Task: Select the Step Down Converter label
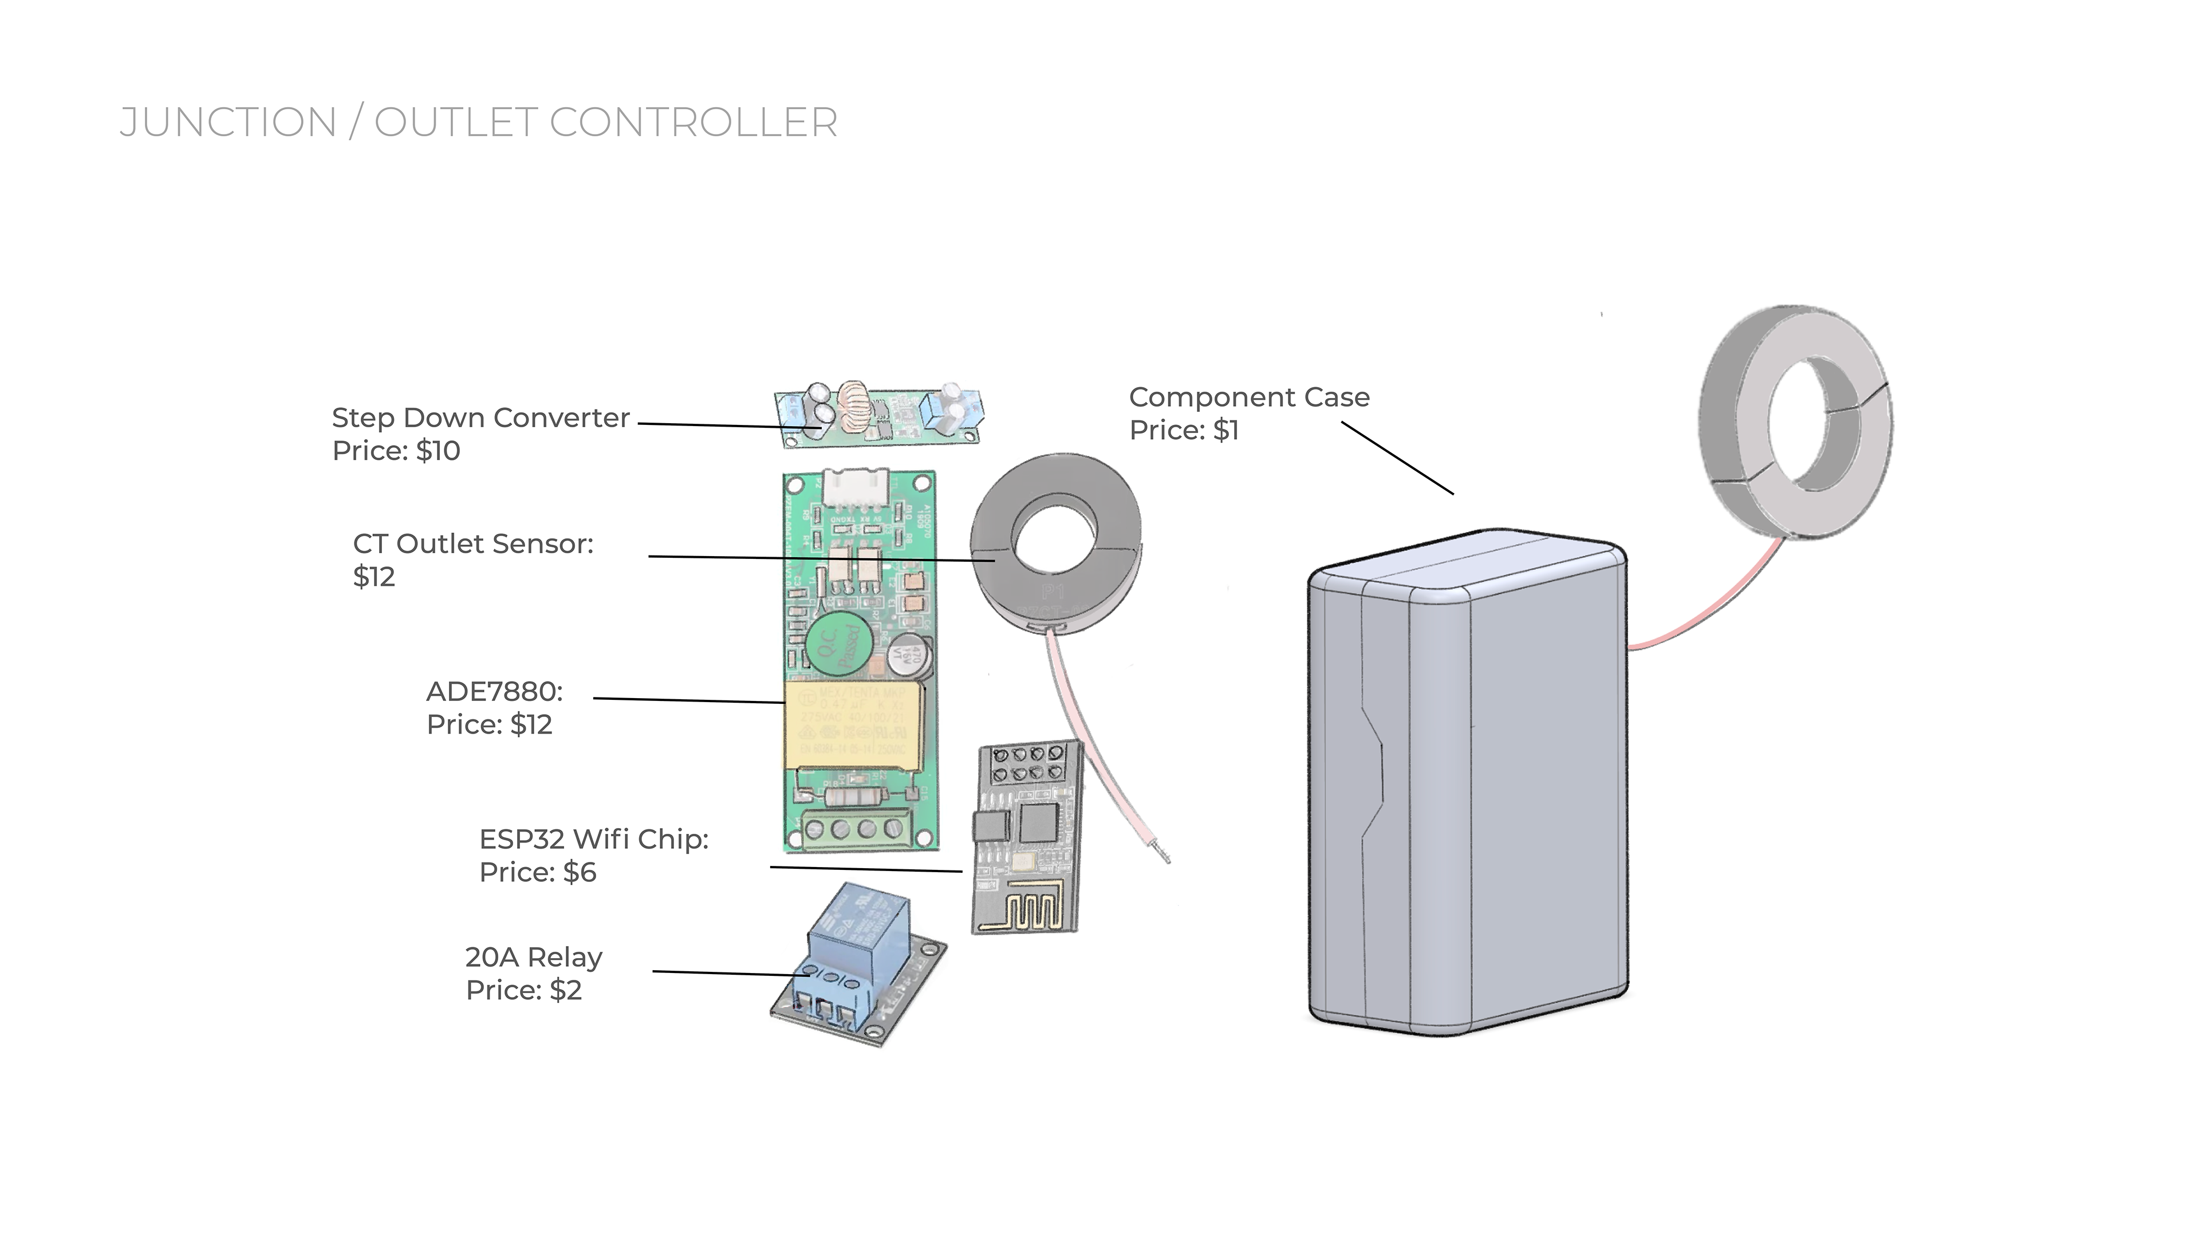[480, 417]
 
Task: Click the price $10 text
[438, 451]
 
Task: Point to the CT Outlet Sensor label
[473, 544]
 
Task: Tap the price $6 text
[580, 872]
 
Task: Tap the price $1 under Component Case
[1226, 430]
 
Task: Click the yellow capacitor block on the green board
[854, 724]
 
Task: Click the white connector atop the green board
[854, 489]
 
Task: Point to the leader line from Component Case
[1397, 458]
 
